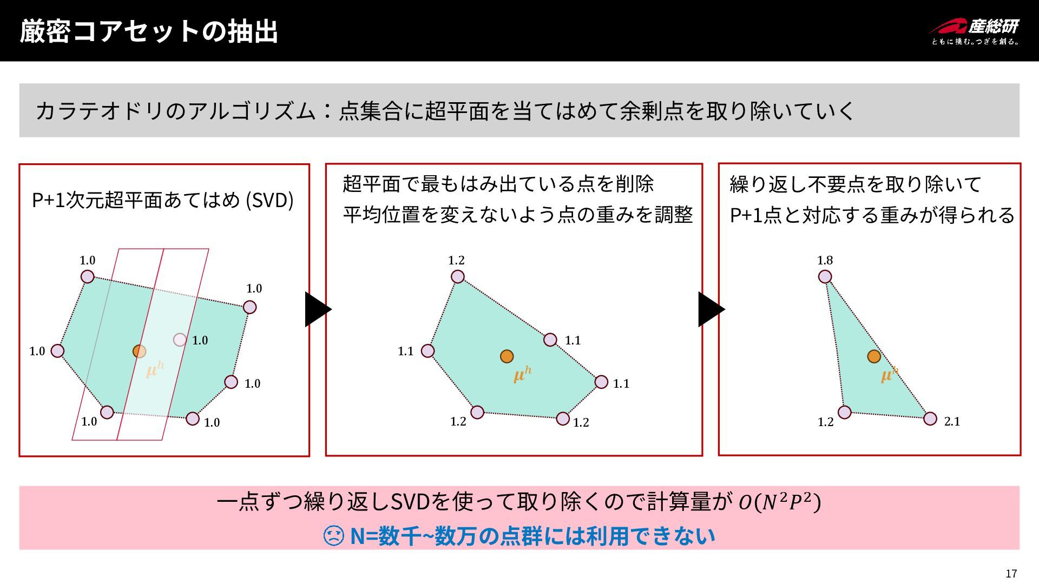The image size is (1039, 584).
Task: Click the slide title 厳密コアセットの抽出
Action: click(x=149, y=31)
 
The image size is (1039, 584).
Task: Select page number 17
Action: click(x=1011, y=574)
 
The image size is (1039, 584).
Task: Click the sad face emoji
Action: click(x=333, y=536)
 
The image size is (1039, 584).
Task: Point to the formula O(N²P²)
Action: click(x=780, y=502)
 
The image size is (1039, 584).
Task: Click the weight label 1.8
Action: click(x=825, y=261)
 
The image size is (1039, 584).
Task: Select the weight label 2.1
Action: click(x=952, y=422)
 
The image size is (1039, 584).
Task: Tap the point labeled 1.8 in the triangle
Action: click(x=825, y=277)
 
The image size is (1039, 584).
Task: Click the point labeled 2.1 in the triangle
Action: click(x=930, y=419)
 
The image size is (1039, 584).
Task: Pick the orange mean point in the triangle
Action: click(x=874, y=356)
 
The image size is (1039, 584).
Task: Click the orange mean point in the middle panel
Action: click(x=507, y=356)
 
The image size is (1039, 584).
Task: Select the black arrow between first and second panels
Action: click(x=317, y=309)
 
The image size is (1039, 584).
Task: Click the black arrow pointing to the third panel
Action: click(x=711, y=309)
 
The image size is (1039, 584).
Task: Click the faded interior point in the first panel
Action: click(x=180, y=340)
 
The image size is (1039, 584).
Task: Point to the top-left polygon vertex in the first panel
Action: click(x=87, y=277)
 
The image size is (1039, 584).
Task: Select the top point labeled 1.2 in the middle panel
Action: click(x=458, y=277)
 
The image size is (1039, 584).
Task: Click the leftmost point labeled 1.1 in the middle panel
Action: click(x=428, y=351)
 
